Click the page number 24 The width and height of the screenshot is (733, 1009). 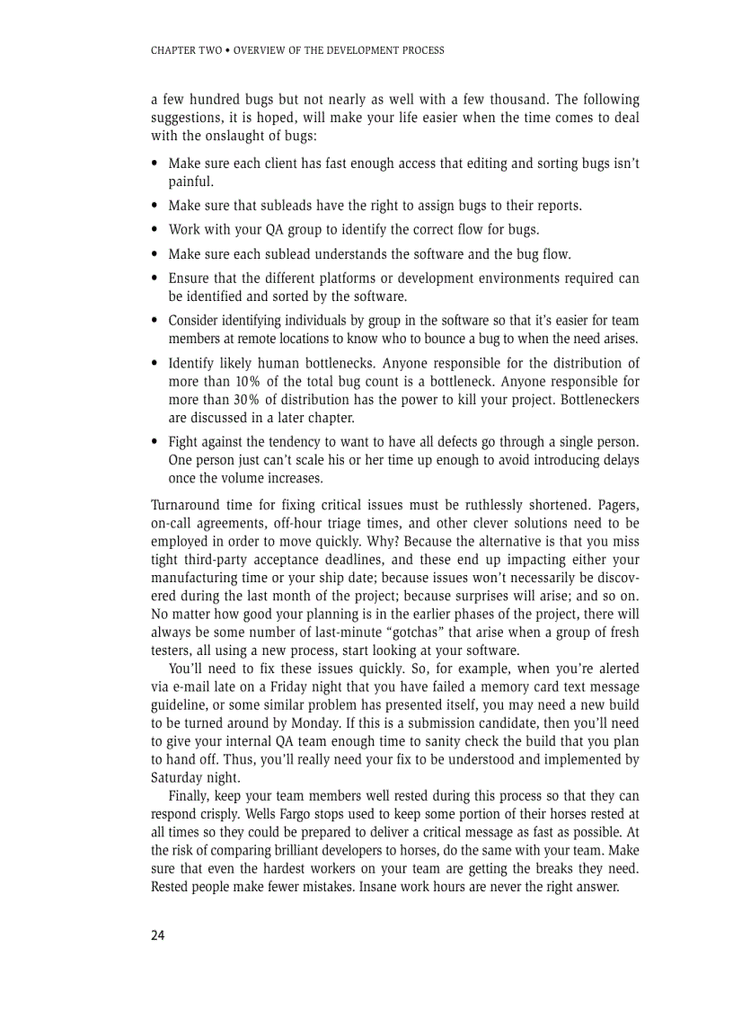click(158, 935)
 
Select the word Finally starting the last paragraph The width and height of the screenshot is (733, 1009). click(191, 796)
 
